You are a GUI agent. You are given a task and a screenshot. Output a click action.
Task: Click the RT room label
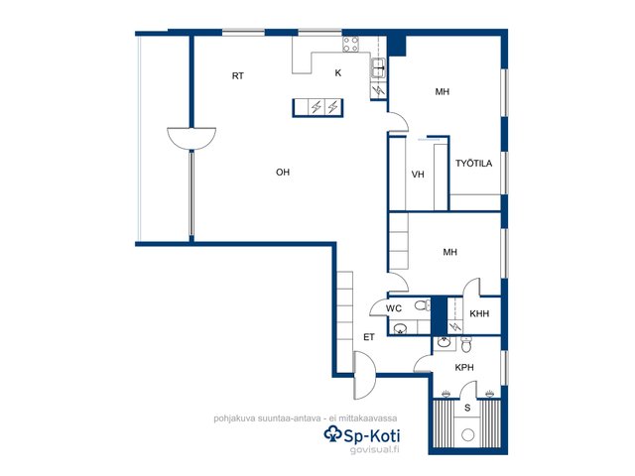click(x=238, y=75)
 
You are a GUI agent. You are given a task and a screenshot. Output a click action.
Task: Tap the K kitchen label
click(x=338, y=72)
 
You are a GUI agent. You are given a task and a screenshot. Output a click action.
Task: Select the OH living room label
click(x=283, y=172)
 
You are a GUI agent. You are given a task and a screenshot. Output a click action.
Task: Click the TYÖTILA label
click(x=474, y=163)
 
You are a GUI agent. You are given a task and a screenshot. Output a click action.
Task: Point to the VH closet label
click(x=418, y=175)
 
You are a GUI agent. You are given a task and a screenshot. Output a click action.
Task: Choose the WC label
click(x=394, y=308)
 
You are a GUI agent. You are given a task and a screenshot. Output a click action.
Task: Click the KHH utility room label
click(x=479, y=313)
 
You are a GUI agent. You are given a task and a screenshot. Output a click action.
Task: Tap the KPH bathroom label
click(x=464, y=368)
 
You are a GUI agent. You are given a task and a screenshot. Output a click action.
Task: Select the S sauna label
click(x=467, y=408)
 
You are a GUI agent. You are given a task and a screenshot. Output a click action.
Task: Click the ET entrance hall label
click(x=368, y=337)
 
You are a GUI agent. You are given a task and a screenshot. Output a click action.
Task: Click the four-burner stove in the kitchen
click(x=350, y=44)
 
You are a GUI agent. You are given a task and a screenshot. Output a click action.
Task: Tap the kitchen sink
click(x=379, y=67)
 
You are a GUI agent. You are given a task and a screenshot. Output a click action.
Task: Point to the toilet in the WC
click(x=423, y=304)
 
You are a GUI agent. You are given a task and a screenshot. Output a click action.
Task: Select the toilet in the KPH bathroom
click(x=466, y=344)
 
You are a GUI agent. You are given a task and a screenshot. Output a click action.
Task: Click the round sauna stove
click(x=467, y=435)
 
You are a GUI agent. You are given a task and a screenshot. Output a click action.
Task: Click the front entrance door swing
click(x=365, y=376)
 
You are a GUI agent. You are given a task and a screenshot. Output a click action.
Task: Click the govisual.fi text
click(x=374, y=449)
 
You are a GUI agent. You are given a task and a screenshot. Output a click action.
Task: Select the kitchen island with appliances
click(x=317, y=108)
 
